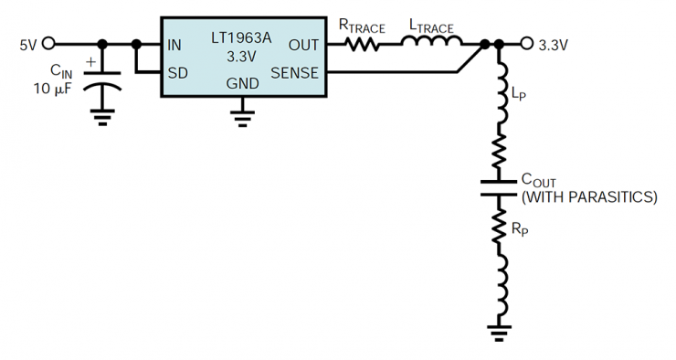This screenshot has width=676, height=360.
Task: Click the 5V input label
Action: [x=27, y=43]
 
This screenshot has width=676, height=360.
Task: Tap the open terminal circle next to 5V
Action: [x=49, y=43]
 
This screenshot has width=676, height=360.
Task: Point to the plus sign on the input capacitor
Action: [x=91, y=64]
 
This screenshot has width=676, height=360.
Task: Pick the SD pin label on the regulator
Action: [x=179, y=72]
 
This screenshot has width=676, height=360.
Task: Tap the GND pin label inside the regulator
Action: [x=242, y=83]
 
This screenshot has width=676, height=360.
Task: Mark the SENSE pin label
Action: [x=294, y=72]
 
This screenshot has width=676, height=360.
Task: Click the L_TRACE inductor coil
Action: [x=432, y=41]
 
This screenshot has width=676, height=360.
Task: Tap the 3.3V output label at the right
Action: [x=557, y=43]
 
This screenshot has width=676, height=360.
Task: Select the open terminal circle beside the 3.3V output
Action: [x=526, y=43]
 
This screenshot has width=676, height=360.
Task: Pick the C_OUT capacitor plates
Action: [x=500, y=186]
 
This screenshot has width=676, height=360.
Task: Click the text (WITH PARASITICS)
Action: [x=588, y=196]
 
